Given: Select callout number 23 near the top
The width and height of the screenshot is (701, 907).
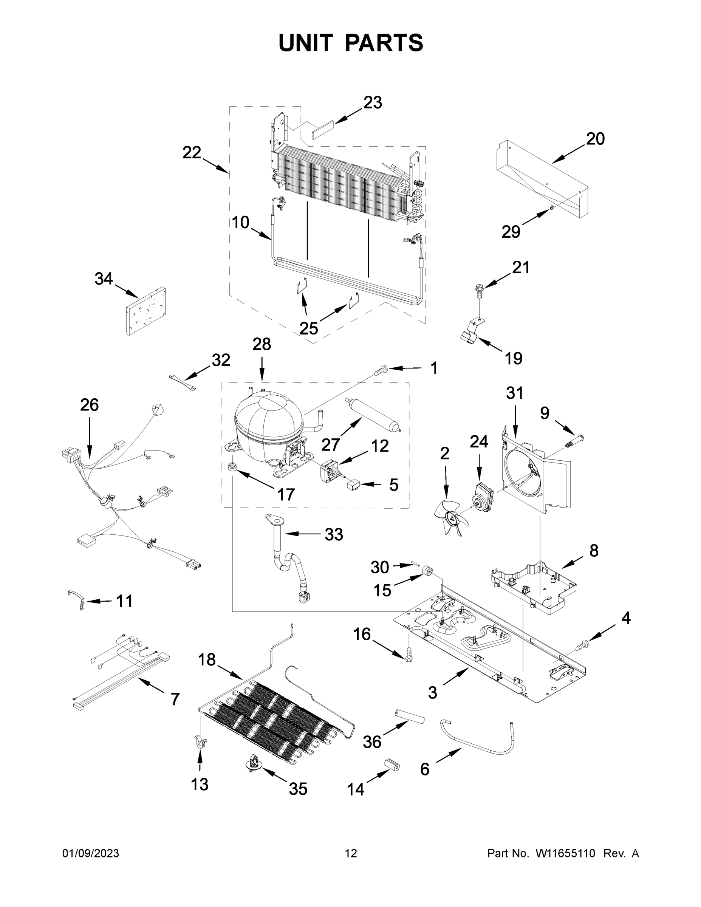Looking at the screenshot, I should click(373, 102).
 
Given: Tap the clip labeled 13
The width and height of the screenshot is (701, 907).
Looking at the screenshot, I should click(201, 741).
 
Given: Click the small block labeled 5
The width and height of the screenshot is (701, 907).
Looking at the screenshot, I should click(353, 484).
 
